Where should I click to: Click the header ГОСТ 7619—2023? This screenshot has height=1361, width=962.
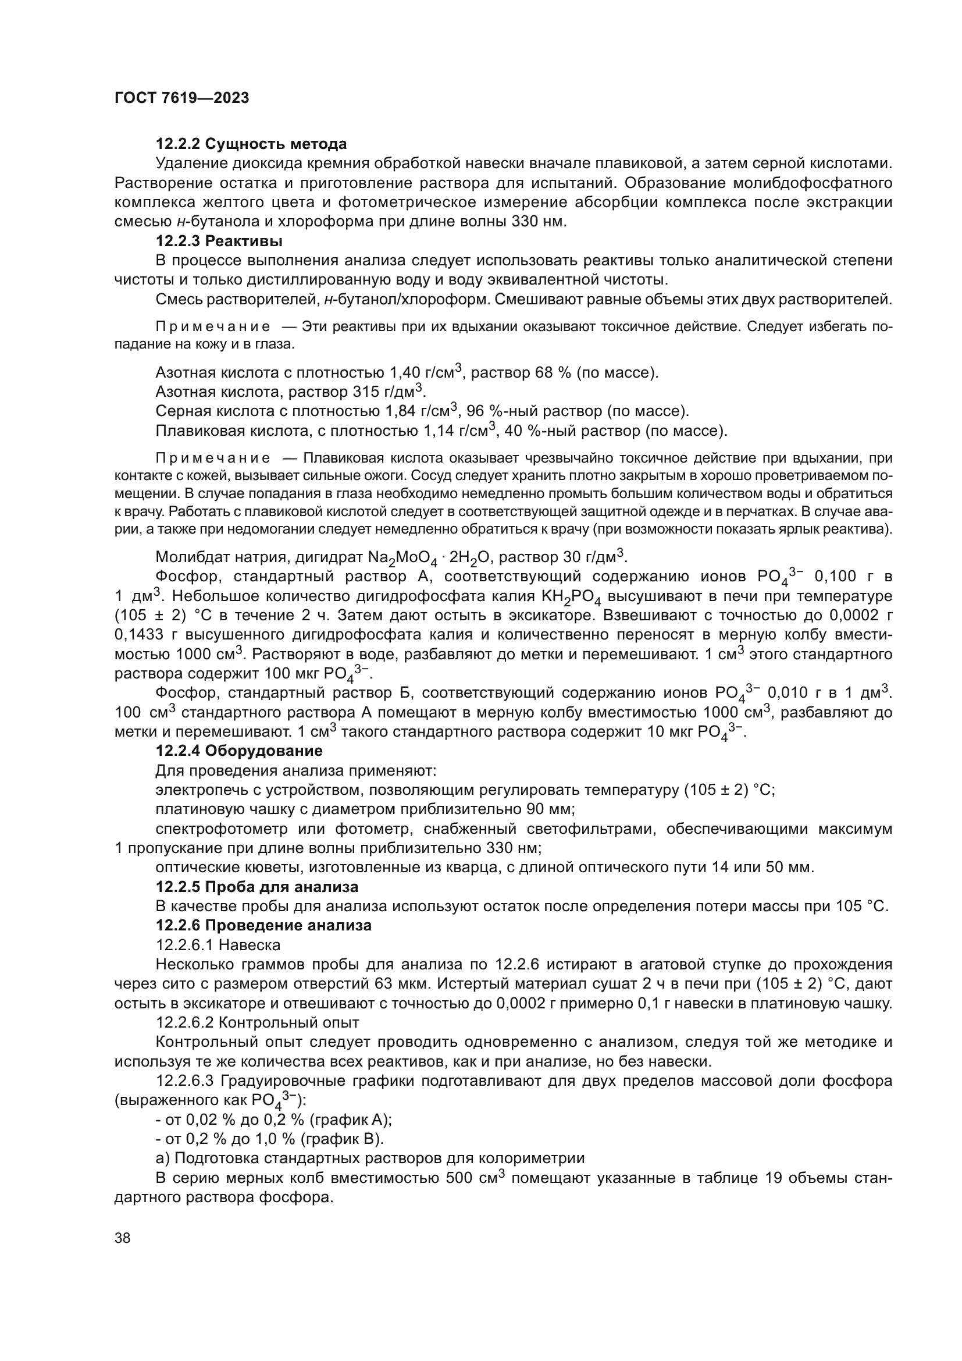pyautogui.click(x=181, y=98)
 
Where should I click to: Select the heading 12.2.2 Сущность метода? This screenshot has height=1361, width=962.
pyautogui.click(x=251, y=144)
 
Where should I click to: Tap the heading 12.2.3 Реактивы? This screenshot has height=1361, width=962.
pyautogui.click(x=219, y=241)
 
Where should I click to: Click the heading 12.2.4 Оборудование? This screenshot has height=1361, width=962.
pyautogui.click(x=238, y=751)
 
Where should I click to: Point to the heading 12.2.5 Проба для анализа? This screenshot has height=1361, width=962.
pyautogui.click(x=256, y=887)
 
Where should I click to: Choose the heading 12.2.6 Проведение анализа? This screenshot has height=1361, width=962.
pyautogui.click(x=263, y=925)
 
